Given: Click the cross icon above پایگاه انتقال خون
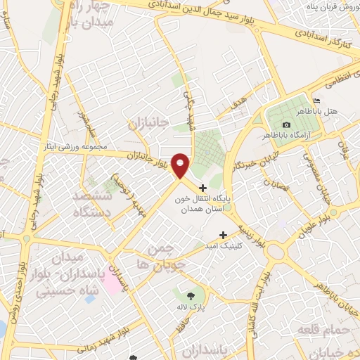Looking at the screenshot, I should click(203, 188).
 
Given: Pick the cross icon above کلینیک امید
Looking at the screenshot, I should click(224, 235).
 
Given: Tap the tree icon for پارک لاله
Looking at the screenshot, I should click(191, 295).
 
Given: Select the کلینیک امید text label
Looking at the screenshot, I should click(228, 245).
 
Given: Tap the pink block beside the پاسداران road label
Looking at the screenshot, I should click(111, 281).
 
